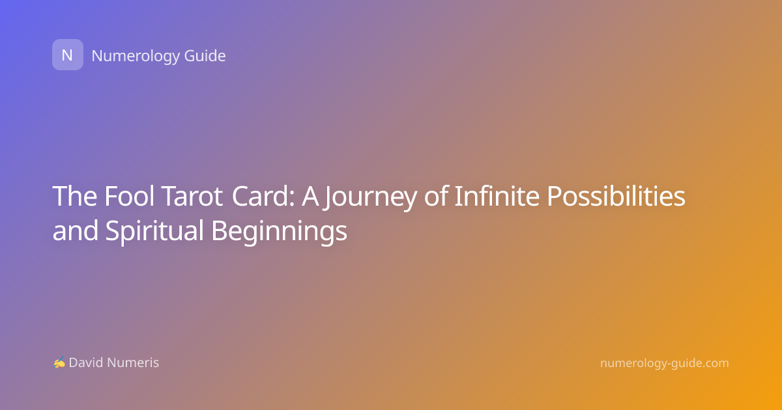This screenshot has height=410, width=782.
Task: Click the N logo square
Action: coord(68,55)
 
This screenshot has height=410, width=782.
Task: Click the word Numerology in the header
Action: coord(136,57)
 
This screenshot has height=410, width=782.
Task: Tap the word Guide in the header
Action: coord(205,56)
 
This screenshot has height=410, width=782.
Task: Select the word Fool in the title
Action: coord(129,196)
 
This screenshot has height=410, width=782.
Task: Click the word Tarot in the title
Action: coord(193,197)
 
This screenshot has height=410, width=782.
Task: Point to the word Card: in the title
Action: coord(263,197)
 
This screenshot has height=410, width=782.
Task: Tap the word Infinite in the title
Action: coord(497,196)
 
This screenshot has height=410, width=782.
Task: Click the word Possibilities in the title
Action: coord(616,196)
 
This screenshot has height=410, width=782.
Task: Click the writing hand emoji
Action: coord(59,362)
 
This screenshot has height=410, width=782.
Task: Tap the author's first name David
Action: coord(85,362)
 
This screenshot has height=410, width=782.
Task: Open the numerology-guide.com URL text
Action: coord(664,364)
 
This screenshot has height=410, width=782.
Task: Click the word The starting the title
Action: coord(75,196)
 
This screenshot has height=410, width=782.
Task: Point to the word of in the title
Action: coord(436,196)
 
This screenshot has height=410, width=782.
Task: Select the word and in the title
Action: coord(75,230)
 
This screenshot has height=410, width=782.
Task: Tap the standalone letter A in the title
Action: coord(310,197)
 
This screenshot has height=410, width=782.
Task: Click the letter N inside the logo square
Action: coord(67,55)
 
